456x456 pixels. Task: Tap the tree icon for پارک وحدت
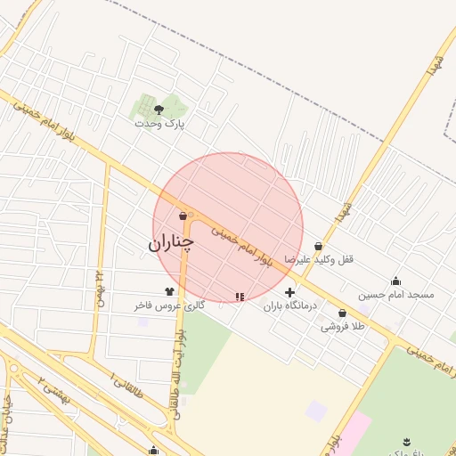[159, 110]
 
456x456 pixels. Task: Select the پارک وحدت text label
[159, 124]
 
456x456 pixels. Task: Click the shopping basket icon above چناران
[183, 216]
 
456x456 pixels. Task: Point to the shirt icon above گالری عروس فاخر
[169, 291]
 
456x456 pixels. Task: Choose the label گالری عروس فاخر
[169, 305]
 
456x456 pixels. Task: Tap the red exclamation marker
[239, 297]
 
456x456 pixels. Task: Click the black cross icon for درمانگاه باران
[289, 292]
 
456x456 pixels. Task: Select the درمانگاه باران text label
[289, 305]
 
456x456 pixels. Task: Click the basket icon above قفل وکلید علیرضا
[318, 246]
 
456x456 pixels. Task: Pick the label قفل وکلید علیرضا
[319, 259]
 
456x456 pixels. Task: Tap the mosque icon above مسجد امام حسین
[395, 281]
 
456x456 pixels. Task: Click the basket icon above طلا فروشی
[343, 313]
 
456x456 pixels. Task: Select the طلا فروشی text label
[343, 327]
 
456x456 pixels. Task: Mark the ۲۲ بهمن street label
[99, 287]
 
